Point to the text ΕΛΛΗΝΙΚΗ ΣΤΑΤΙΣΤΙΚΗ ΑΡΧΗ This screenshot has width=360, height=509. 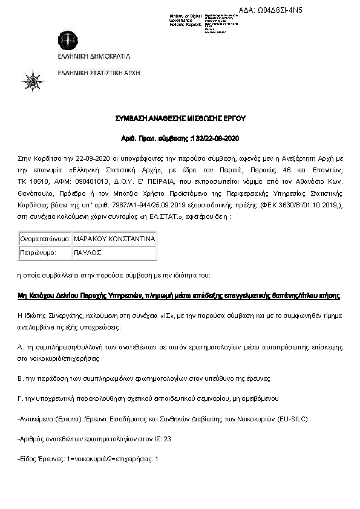(99, 72)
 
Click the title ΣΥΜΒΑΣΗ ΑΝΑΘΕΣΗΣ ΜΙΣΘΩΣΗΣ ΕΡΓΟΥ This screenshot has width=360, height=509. (180, 118)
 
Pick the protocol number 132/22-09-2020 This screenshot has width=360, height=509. (215, 138)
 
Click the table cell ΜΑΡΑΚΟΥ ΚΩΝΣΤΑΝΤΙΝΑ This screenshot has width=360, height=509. (114, 239)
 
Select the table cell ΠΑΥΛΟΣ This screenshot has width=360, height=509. (88, 253)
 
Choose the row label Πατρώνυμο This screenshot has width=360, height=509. (39, 253)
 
